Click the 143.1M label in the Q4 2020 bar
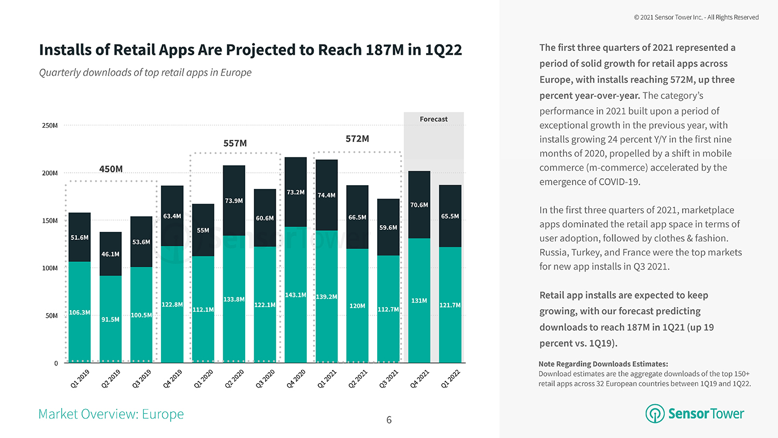[x=296, y=295]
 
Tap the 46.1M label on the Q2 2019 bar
[x=111, y=254]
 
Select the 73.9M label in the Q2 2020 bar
[x=234, y=201]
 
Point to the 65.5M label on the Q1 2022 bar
[x=450, y=216]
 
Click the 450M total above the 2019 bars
[x=111, y=169]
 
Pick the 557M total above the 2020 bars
[x=235, y=143]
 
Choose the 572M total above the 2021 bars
[x=357, y=138]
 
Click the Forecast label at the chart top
[x=434, y=119]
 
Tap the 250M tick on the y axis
[x=50, y=126]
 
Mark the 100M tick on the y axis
[x=50, y=268]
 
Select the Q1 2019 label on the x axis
[x=80, y=380]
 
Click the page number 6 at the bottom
[x=389, y=420]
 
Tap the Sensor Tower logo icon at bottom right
[x=655, y=414]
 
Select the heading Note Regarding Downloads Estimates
[x=603, y=363]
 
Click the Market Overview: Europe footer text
[x=111, y=414]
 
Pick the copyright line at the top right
[x=696, y=17]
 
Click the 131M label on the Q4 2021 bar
[x=419, y=301]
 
